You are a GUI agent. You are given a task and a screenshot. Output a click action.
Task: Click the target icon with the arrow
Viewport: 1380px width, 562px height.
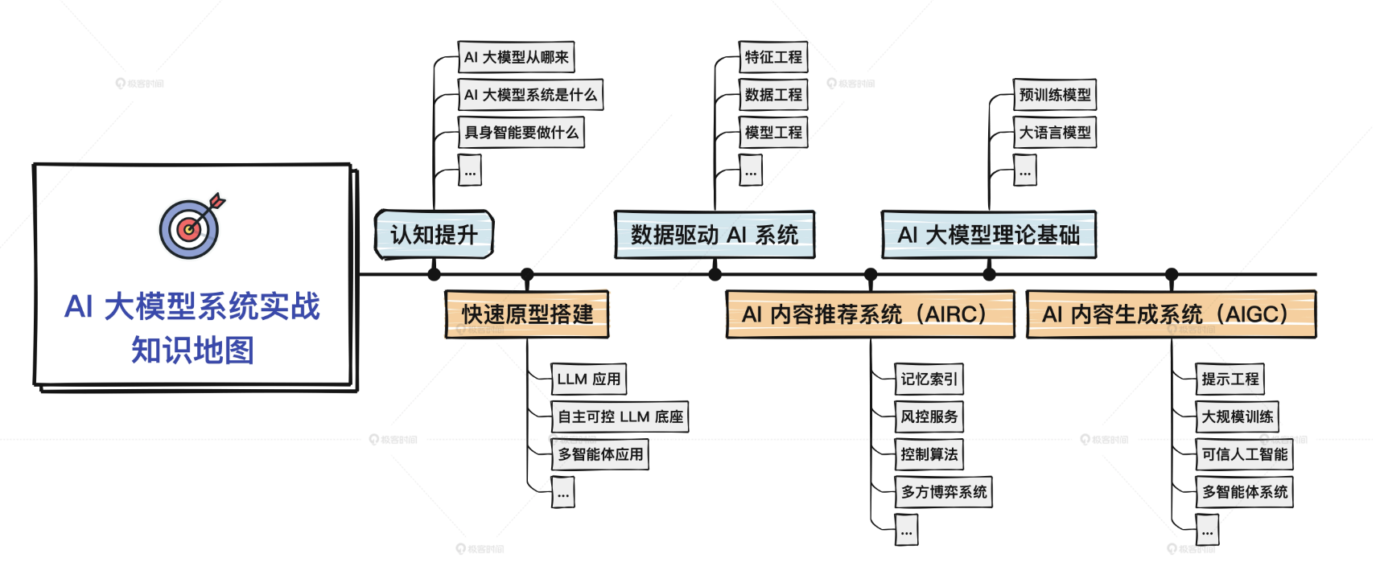click(x=190, y=228)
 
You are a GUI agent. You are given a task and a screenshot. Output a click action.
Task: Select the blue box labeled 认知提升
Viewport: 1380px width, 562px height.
click(x=434, y=235)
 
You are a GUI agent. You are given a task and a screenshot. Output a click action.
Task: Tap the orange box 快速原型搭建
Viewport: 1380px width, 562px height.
click(x=527, y=314)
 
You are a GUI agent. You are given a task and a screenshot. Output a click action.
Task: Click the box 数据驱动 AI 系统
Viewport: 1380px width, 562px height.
click(x=715, y=235)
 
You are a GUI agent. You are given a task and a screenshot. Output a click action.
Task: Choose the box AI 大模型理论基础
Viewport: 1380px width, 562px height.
click(x=989, y=235)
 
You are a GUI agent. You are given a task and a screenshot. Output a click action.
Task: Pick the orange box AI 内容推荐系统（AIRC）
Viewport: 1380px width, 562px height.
click(x=870, y=314)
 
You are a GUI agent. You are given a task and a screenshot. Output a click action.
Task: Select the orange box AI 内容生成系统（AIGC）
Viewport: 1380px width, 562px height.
click(x=1171, y=314)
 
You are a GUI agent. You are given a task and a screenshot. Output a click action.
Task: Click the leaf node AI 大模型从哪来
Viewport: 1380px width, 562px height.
click(x=516, y=57)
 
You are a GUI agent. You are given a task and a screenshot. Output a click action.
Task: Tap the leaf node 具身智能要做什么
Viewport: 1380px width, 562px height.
click(x=521, y=133)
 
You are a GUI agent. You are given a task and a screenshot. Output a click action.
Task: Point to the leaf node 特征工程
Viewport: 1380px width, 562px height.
click(x=773, y=57)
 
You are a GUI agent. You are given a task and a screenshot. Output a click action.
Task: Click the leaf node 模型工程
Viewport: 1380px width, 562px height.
click(x=773, y=133)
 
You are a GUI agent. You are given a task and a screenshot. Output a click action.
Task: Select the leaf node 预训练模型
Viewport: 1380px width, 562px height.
click(x=1054, y=95)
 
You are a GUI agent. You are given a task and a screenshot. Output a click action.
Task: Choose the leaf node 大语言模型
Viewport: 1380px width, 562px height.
click(x=1054, y=133)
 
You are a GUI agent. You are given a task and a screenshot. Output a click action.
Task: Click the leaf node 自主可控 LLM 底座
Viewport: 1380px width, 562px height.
click(x=620, y=416)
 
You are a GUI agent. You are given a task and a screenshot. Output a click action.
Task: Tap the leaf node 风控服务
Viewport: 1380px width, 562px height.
click(x=929, y=416)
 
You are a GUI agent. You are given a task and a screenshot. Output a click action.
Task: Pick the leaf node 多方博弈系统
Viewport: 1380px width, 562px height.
click(x=943, y=492)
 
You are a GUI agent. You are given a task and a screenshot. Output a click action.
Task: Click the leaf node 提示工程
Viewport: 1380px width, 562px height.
click(x=1230, y=379)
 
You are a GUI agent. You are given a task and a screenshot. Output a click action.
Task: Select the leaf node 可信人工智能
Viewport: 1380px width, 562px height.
click(x=1244, y=454)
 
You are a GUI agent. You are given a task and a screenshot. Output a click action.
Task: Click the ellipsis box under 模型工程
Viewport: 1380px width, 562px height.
click(x=751, y=170)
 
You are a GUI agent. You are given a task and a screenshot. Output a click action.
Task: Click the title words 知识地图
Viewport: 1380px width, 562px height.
click(x=193, y=351)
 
